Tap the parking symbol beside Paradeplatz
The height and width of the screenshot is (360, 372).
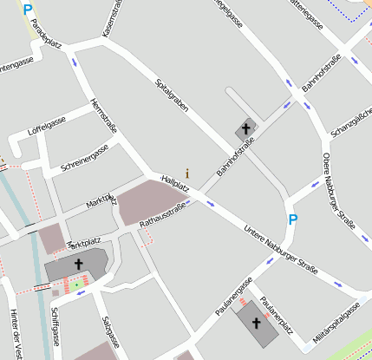[x=27, y=11]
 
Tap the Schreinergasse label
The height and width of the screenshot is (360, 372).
[x=84, y=158]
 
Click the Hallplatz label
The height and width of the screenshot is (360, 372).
[x=175, y=184]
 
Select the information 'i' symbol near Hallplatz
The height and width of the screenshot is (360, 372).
[x=186, y=173]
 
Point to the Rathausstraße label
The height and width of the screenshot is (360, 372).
[x=163, y=214]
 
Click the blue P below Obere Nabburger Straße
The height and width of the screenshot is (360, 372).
[x=292, y=220]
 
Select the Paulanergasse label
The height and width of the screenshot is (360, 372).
[x=234, y=294]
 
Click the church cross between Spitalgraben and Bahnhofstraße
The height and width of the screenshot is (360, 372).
[x=246, y=128]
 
